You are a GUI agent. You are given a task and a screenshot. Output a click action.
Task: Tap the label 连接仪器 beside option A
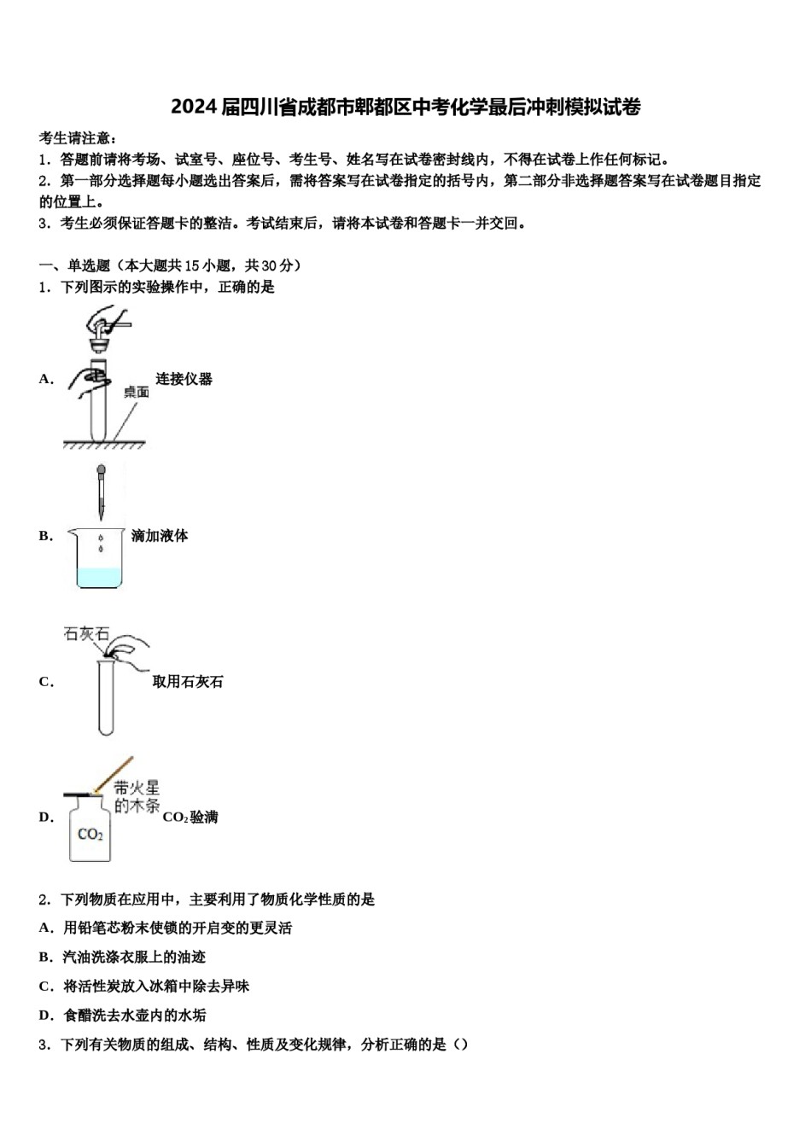click(184, 379)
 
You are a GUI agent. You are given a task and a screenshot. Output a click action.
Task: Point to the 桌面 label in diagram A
click(137, 392)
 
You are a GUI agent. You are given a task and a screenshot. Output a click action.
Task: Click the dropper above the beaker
click(102, 492)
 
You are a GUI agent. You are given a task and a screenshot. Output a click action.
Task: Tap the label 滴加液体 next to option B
click(160, 536)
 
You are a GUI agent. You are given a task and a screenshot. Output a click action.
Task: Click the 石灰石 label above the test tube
click(86, 634)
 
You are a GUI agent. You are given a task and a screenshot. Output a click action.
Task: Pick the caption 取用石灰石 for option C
click(188, 682)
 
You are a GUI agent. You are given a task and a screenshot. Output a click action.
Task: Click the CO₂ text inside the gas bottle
click(90, 834)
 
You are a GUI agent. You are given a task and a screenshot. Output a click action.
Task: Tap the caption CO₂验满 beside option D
click(190, 818)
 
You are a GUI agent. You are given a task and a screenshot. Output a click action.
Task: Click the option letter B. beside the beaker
click(45, 536)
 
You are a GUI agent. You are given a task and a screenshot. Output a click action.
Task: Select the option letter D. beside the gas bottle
click(46, 818)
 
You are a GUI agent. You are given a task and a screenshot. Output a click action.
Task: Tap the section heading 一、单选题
click(75, 265)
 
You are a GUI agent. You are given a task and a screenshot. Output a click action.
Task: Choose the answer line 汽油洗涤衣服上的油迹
click(134, 958)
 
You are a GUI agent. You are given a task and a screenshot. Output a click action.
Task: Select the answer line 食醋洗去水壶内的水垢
click(134, 1016)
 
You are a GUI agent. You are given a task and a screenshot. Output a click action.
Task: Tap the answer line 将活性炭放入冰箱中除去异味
click(156, 987)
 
